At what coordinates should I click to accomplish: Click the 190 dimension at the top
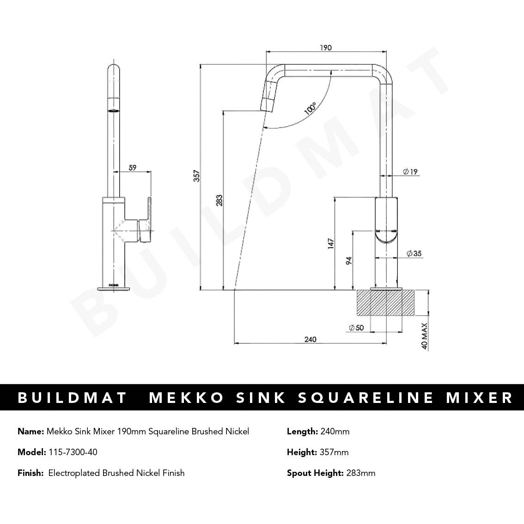(x=325, y=48)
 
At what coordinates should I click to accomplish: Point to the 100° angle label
(x=310, y=109)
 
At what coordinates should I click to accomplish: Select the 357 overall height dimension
(x=196, y=176)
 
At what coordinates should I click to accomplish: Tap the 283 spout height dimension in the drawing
(x=219, y=200)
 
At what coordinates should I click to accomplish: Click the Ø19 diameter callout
(x=410, y=172)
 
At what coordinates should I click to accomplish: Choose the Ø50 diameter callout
(x=356, y=328)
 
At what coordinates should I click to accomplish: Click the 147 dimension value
(x=330, y=244)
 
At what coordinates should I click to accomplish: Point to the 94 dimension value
(x=349, y=261)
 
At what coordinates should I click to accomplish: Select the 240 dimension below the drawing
(x=311, y=340)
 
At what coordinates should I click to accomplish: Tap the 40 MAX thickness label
(x=425, y=336)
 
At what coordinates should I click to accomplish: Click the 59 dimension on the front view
(x=133, y=168)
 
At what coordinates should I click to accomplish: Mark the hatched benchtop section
(x=385, y=303)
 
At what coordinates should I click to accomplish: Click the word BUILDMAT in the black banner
(x=72, y=397)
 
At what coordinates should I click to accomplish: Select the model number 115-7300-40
(x=73, y=452)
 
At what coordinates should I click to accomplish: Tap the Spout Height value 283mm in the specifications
(x=360, y=473)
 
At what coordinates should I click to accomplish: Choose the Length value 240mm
(x=334, y=432)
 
